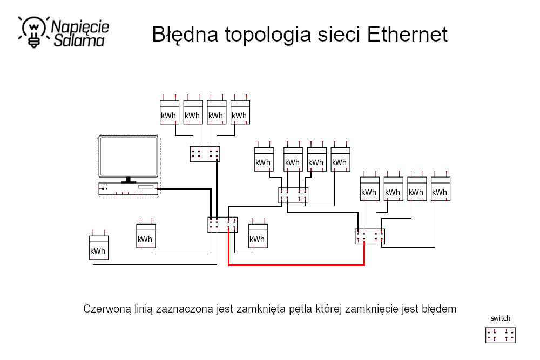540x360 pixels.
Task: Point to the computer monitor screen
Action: (129, 157)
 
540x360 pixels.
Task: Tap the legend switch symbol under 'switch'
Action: (500, 335)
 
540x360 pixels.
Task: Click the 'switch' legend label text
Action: (500, 318)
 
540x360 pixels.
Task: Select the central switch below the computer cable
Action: (222, 225)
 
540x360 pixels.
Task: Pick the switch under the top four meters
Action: (205, 154)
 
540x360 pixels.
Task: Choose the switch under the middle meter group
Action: (293, 195)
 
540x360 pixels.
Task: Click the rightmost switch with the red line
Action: (369, 236)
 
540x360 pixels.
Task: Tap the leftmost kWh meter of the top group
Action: (169, 112)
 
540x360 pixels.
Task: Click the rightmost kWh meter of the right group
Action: (440, 189)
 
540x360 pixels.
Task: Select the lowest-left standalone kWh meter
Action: (98, 248)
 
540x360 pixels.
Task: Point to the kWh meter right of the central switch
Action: (257, 236)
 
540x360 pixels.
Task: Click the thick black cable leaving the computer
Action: (184, 189)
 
